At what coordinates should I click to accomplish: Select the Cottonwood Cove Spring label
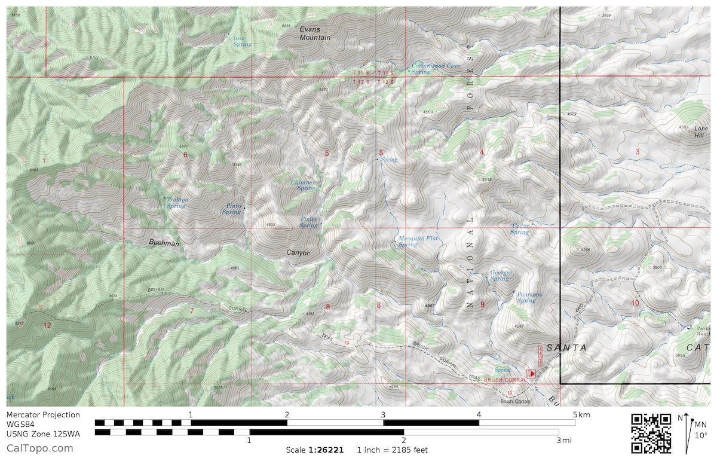pos(436,68)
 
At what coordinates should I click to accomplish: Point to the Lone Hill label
pos(701,132)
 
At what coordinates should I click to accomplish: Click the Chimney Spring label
pos(303,185)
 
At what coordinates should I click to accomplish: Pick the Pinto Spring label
pos(232,209)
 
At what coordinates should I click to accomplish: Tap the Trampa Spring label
pos(177,203)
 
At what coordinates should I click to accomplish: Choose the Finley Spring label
pos(308,222)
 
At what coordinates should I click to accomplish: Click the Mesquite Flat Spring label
pos(418,241)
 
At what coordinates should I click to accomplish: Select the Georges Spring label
pos(500,276)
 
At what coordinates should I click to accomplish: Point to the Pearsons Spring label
pos(528,297)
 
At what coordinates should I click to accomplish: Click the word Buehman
pos(164,243)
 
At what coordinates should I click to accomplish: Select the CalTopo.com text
pos(40,448)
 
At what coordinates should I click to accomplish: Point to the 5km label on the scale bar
pos(580,414)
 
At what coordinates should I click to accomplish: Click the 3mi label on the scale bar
pos(563,441)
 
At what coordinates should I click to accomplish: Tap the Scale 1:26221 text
pos(314,450)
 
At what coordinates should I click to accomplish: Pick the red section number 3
pos(637,152)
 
